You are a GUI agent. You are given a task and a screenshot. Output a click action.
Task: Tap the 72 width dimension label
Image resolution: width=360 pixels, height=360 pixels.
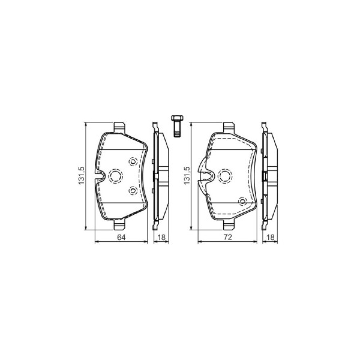(x=227, y=237)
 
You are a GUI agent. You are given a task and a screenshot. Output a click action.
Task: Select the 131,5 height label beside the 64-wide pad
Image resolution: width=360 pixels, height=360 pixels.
(x=81, y=176)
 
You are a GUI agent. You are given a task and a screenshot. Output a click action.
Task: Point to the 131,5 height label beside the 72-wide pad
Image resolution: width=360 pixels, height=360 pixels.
(x=187, y=176)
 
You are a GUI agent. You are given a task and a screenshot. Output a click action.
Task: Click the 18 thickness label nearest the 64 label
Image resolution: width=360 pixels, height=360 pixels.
(x=161, y=237)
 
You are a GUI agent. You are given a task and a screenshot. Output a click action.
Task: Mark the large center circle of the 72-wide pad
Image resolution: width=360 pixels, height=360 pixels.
(x=225, y=176)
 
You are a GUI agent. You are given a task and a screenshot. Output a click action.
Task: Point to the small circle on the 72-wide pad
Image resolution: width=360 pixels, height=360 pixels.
(x=242, y=201)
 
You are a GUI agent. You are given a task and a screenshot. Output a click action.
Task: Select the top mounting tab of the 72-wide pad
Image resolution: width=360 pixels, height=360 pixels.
(x=229, y=127)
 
